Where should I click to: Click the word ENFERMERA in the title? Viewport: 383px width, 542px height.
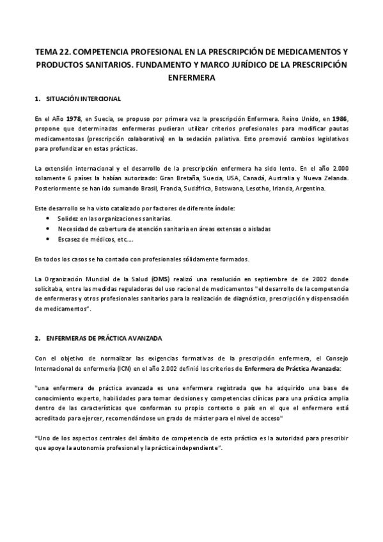[x=191, y=78]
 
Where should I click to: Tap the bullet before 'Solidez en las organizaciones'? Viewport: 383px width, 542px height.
[x=50, y=218]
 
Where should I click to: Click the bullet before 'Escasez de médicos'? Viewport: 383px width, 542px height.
[x=50, y=238]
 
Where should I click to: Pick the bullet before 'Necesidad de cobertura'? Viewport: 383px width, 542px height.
[x=50, y=228]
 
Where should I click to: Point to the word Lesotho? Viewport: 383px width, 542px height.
[x=271, y=189]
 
